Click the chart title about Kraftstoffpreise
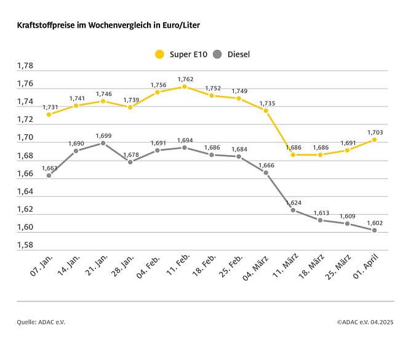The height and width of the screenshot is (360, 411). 108,25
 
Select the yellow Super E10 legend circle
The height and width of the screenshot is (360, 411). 159,54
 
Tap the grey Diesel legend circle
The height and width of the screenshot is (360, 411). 217,54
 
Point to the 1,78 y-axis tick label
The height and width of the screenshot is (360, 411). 25,66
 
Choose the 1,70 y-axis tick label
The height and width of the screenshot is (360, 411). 25,138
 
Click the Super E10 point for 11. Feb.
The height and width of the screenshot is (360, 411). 185,87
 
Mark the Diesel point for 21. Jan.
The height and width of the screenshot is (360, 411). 103,143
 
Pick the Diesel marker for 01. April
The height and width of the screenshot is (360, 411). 374,230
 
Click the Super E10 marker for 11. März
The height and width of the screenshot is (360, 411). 293,155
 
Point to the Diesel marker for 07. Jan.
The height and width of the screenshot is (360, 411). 49,175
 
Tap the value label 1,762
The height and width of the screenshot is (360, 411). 186,79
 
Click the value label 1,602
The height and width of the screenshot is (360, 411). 375,222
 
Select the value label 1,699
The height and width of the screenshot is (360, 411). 103,135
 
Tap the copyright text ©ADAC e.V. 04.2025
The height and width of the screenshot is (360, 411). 365,321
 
